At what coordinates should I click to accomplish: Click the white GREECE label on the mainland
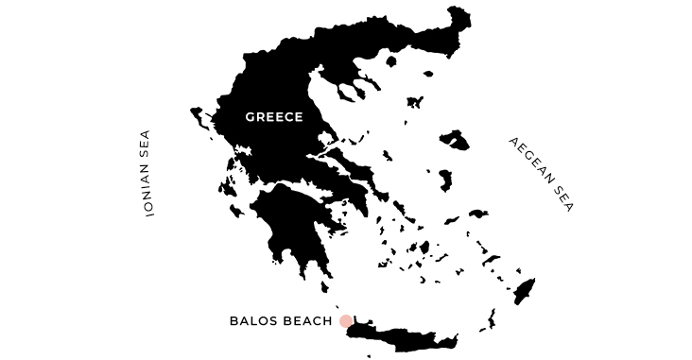point(273,117)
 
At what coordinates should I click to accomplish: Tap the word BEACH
point(306,321)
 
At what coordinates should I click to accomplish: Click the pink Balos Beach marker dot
point(346,321)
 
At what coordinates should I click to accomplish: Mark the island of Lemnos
point(413,102)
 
